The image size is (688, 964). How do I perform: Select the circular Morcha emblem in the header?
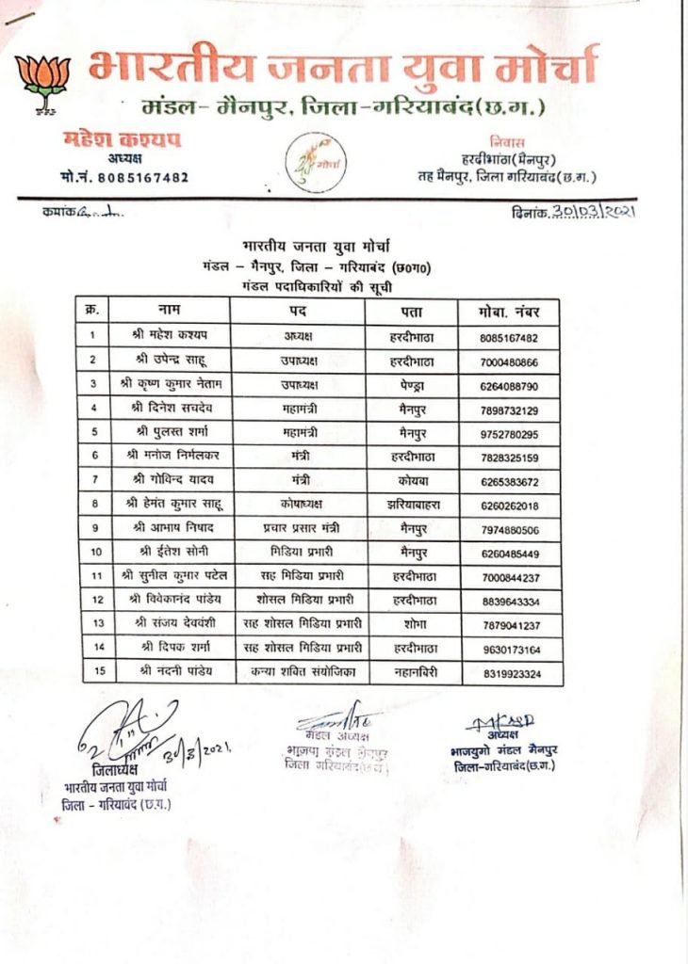coord(317,163)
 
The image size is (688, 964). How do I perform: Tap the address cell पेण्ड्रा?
coord(411,385)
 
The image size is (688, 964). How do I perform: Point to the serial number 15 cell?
coord(93,672)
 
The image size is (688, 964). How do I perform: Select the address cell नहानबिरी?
coord(411,672)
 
